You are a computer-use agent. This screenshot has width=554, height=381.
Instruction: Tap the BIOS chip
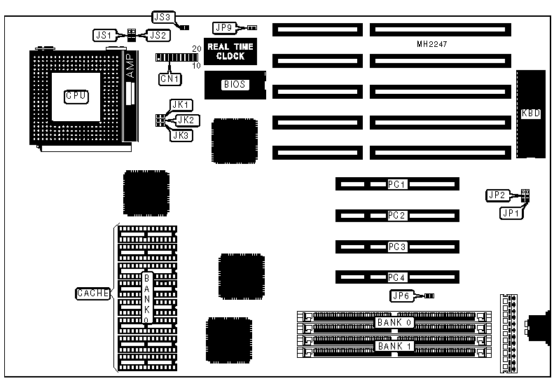click(235, 85)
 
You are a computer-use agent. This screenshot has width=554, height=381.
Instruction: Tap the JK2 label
click(188, 120)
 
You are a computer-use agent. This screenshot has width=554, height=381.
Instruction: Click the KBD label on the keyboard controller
click(531, 113)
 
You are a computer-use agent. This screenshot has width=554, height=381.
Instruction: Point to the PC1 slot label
click(397, 184)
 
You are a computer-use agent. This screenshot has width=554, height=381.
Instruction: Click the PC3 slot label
click(397, 247)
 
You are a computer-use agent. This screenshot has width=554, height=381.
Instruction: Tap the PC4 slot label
click(397, 277)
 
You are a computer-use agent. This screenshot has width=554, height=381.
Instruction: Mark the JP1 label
click(511, 214)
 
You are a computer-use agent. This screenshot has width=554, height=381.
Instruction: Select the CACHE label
click(92, 293)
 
